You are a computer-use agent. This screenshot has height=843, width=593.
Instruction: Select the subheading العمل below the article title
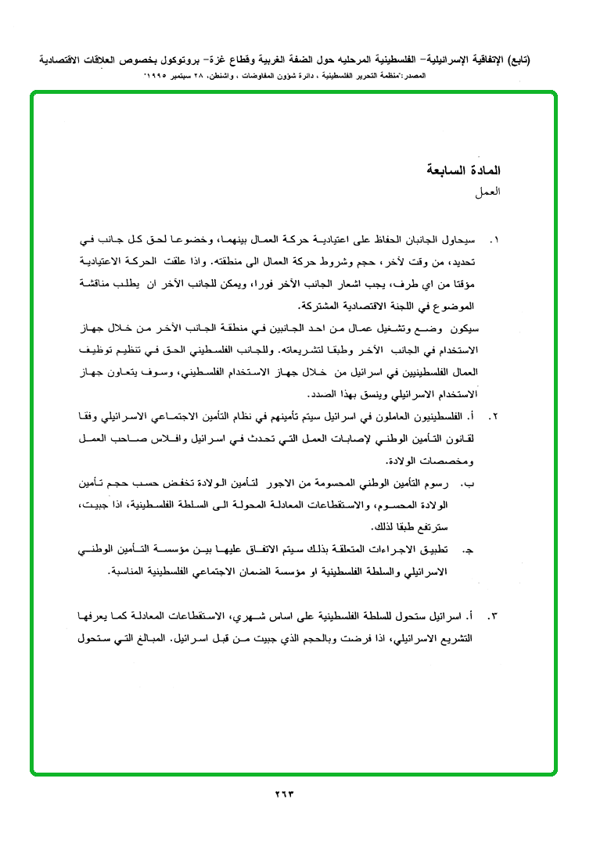tap(488, 191)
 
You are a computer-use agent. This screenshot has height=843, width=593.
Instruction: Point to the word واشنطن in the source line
tap(255, 76)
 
